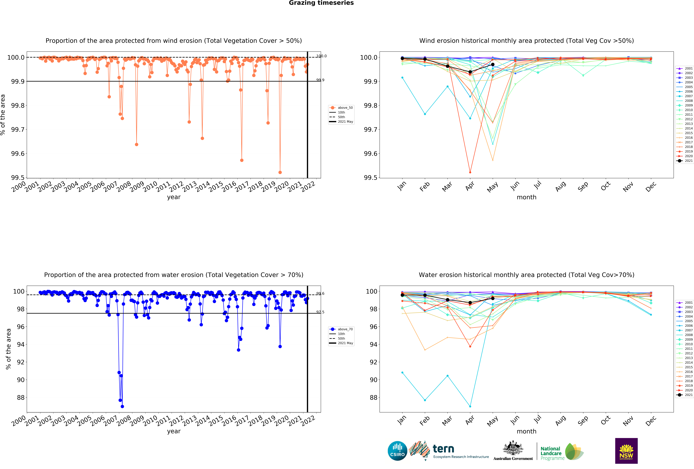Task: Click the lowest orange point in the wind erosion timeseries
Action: click(x=280, y=172)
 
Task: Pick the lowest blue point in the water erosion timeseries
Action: click(x=122, y=406)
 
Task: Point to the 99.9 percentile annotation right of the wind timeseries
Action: click(x=320, y=80)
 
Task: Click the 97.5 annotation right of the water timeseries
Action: click(x=320, y=312)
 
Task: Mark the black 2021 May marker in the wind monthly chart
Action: click(x=493, y=64)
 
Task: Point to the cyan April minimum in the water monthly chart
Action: click(x=470, y=406)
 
